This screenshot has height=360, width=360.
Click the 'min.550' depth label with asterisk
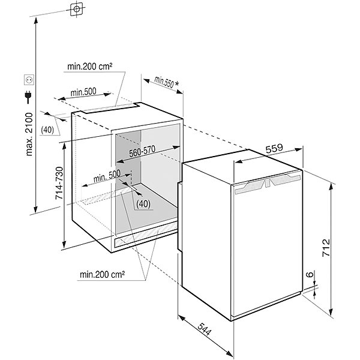(163, 82)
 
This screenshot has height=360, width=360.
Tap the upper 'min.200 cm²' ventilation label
(91, 67)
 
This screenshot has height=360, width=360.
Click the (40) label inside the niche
(142, 203)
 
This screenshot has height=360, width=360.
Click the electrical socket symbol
(28, 79)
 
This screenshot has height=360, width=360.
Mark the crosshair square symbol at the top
(77, 10)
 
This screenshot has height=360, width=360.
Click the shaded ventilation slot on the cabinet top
(111, 109)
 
